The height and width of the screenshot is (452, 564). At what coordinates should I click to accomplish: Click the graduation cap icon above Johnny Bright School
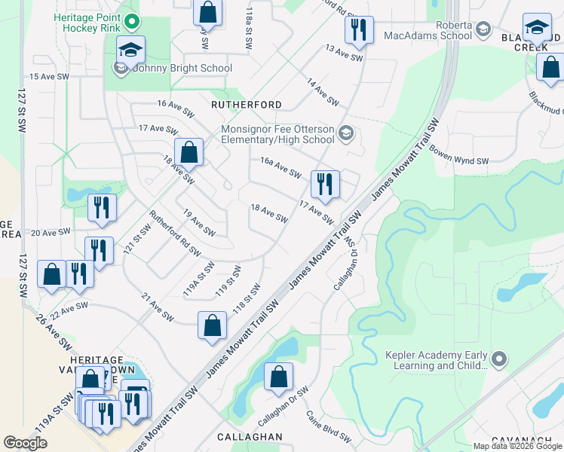point(130,50)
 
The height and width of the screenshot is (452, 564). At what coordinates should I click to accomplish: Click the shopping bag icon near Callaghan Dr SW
point(278,377)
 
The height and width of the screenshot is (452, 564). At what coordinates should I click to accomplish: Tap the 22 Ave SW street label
point(69,309)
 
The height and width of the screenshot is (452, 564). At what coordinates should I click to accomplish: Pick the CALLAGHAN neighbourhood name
point(250,437)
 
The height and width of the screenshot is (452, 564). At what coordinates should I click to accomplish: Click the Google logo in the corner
point(26,443)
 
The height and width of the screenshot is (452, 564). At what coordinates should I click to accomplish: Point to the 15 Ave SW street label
point(49,77)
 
